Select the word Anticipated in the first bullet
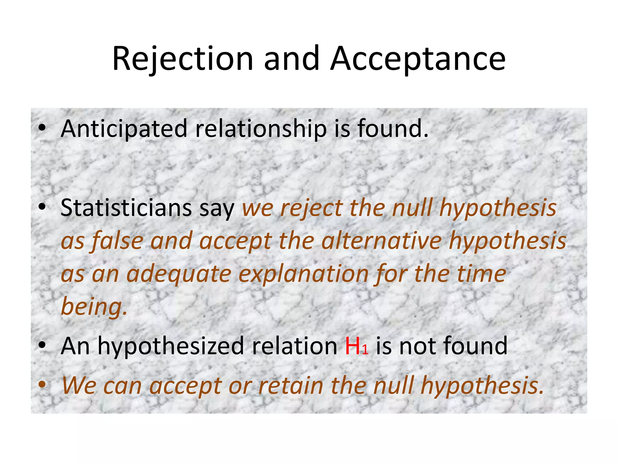coord(124,129)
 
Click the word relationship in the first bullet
coord(261,129)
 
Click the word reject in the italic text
coord(312,209)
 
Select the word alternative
coord(381,241)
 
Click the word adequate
coord(179,274)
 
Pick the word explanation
coord(304,274)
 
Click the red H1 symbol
coord(356,347)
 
